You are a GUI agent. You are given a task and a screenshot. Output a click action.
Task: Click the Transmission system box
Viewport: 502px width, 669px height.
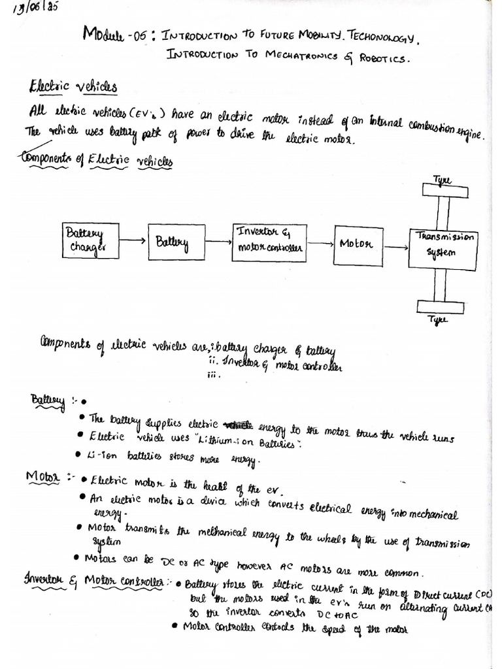tap(443, 247)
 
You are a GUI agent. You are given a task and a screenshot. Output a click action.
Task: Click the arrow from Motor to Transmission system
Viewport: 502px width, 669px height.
tap(395, 247)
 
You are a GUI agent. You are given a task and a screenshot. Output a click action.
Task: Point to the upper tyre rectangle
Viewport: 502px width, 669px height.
tap(444, 190)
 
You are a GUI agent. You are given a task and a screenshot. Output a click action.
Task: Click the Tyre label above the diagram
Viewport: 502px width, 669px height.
tap(442, 178)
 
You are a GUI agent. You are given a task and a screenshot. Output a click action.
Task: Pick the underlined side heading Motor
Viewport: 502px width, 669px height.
tap(42, 478)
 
